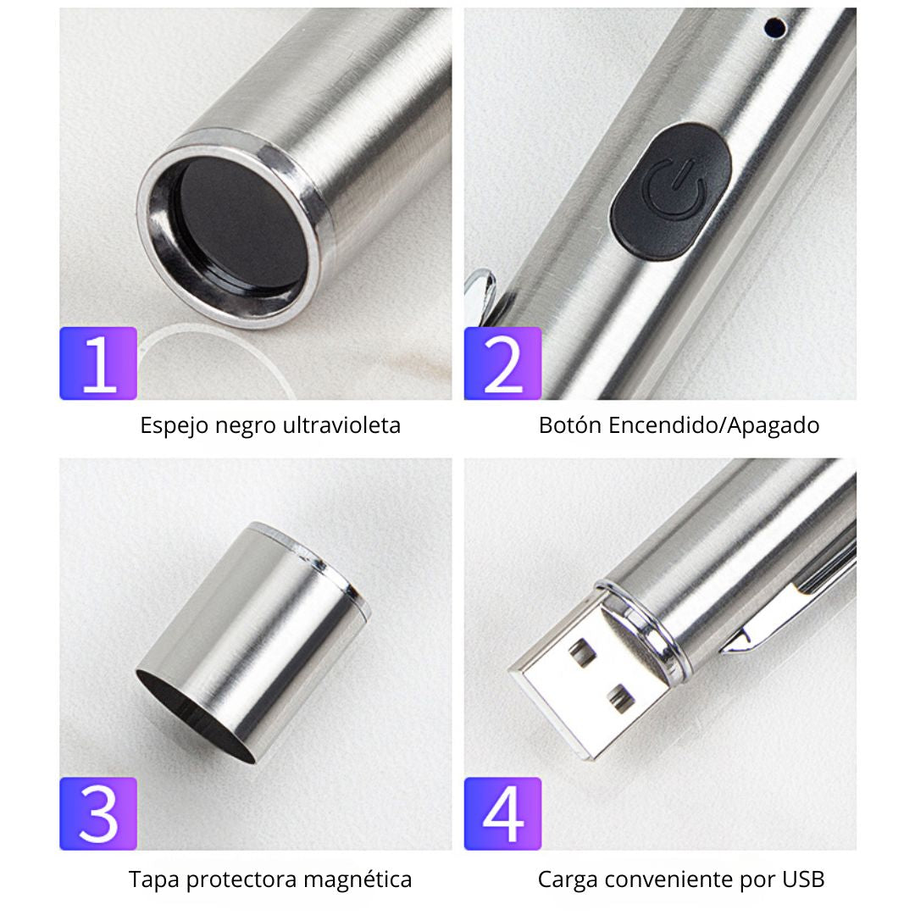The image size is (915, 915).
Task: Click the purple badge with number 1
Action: pos(98,363)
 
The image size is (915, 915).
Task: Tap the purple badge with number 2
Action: pos(502,363)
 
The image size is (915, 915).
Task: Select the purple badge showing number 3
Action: pos(98,813)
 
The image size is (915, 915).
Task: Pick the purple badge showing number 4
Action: pos(502,813)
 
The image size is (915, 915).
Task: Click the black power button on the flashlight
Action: pos(671,191)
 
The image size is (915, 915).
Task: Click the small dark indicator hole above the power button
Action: pos(775,27)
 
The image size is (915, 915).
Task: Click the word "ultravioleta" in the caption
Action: pos(342,425)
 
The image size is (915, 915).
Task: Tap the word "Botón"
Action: pos(570,425)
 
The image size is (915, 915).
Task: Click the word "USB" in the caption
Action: pos(803,879)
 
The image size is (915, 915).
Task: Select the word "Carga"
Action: pos(568,880)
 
